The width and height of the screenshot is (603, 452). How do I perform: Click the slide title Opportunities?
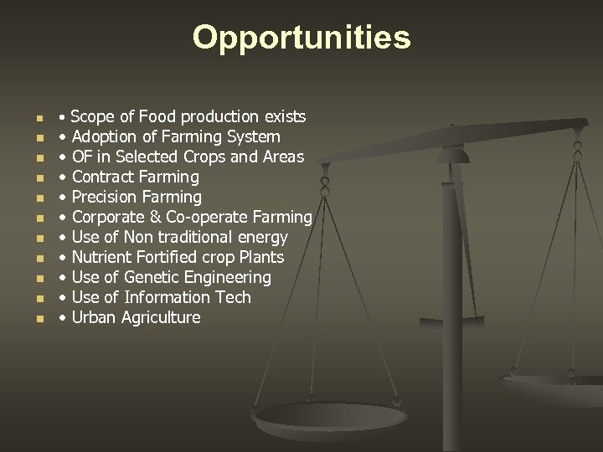(x=301, y=38)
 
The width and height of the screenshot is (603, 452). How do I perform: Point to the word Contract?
(x=102, y=177)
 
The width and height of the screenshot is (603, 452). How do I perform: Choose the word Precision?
(x=105, y=197)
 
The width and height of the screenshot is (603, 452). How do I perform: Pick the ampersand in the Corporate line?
(x=154, y=217)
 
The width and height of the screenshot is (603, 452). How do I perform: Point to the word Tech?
(x=234, y=297)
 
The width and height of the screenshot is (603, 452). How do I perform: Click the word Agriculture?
(x=160, y=317)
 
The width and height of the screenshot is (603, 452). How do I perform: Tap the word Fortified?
(x=167, y=257)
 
